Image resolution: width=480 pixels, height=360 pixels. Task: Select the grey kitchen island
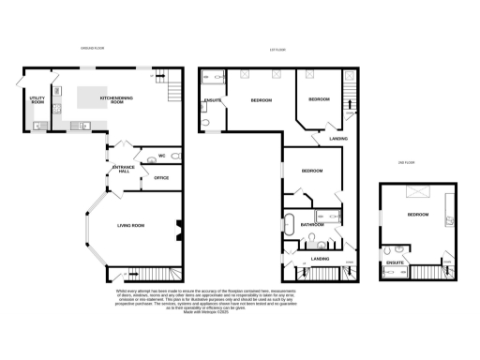(x=97, y=97)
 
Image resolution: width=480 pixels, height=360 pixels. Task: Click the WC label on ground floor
(x=161, y=155)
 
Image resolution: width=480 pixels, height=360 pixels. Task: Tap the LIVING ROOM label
(x=130, y=225)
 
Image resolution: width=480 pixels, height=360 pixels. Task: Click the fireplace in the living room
(x=177, y=228)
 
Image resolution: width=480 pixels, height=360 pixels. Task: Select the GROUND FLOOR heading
(x=91, y=49)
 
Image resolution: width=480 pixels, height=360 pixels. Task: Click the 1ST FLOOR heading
(x=277, y=49)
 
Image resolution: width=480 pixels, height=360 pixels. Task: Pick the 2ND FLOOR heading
(x=407, y=163)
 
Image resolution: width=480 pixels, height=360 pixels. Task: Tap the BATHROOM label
(x=312, y=225)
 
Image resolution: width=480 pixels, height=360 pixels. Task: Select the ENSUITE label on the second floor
(x=396, y=262)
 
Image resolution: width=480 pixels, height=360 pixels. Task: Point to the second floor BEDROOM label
(x=417, y=216)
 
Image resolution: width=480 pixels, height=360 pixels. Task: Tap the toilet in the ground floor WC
(x=150, y=158)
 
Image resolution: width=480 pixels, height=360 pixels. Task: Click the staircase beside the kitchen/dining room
(x=172, y=92)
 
